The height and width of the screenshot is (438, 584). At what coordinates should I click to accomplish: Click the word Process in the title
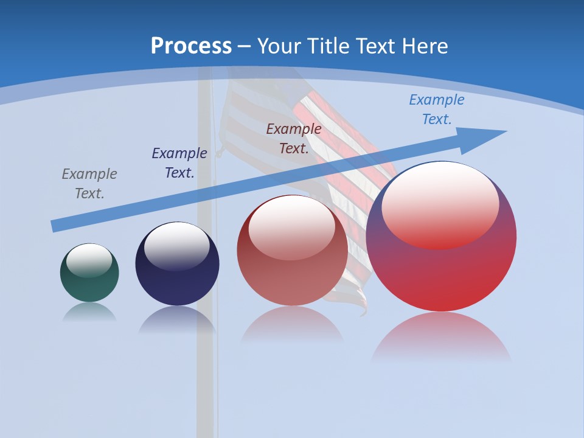click(x=191, y=46)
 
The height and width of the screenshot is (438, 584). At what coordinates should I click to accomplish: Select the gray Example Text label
click(x=89, y=184)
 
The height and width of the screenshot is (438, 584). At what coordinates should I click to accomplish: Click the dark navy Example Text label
click(x=179, y=163)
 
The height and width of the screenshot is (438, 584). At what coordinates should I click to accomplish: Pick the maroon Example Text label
click(x=294, y=139)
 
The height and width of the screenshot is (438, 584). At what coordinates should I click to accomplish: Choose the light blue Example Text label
click(x=437, y=109)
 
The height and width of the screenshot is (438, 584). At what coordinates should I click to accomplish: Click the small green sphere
click(x=89, y=286)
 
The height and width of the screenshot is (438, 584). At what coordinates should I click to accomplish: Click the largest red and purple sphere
click(x=441, y=274)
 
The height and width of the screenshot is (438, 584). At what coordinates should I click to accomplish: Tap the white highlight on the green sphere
click(x=89, y=260)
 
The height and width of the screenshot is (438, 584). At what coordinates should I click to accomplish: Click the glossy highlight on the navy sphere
click(x=176, y=246)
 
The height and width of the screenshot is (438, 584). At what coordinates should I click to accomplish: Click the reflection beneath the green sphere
click(x=89, y=311)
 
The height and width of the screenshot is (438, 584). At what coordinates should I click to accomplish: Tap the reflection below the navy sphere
click(x=177, y=319)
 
